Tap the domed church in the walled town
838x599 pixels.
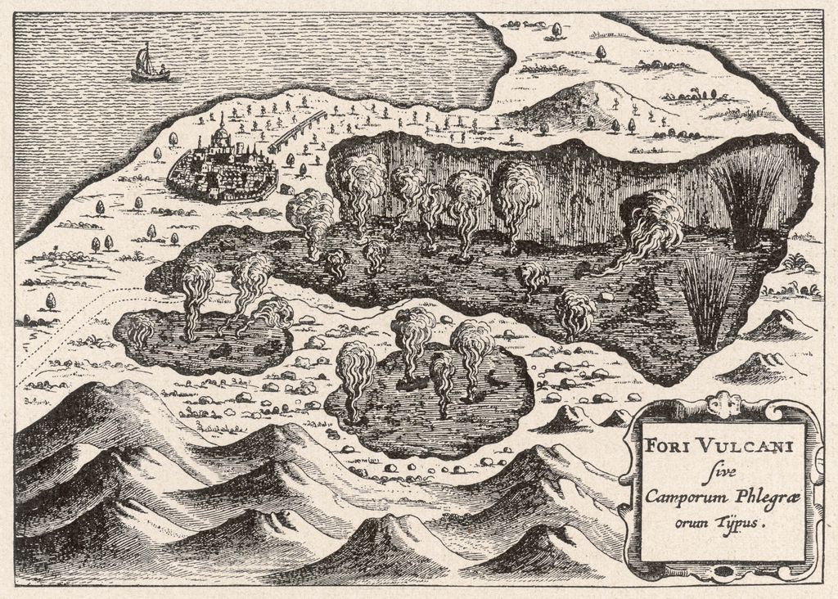[220, 137]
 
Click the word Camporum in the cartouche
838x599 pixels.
[682, 497]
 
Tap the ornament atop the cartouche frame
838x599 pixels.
[723, 404]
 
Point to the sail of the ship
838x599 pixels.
[143, 59]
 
